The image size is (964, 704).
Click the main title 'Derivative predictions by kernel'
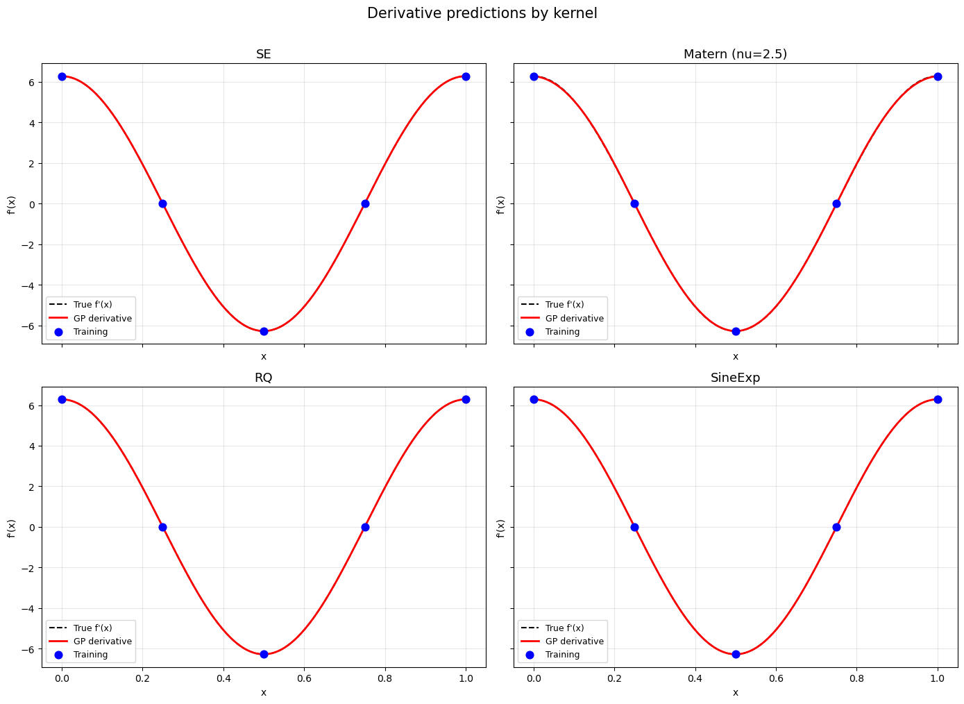tap(482, 13)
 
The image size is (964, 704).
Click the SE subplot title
tap(264, 54)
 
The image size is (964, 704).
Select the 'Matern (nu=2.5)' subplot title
tap(735, 54)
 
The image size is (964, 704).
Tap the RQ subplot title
tap(264, 378)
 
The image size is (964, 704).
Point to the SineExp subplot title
tap(735, 378)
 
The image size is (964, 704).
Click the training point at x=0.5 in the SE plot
tap(264, 331)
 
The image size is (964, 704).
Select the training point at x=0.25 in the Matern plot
tap(634, 203)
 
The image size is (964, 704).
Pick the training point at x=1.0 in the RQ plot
tap(466, 399)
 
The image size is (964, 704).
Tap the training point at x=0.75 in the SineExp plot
tap(836, 527)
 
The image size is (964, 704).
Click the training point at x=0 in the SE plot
tap(62, 76)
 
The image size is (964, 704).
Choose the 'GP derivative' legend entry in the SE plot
tap(102, 319)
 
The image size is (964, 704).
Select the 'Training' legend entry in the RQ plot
tap(90, 655)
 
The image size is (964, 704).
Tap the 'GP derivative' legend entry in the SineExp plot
tap(574, 642)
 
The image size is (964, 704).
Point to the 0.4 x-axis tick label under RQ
tap(223, 679)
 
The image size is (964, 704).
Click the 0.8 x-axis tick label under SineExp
tap(856, 679)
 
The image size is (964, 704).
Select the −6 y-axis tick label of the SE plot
tap(30, 326)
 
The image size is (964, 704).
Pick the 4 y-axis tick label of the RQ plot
tap(33, 446)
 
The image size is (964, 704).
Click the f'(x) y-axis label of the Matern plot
tap(500, 204)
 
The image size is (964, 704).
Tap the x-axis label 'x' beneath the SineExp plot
tap(735, 692)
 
